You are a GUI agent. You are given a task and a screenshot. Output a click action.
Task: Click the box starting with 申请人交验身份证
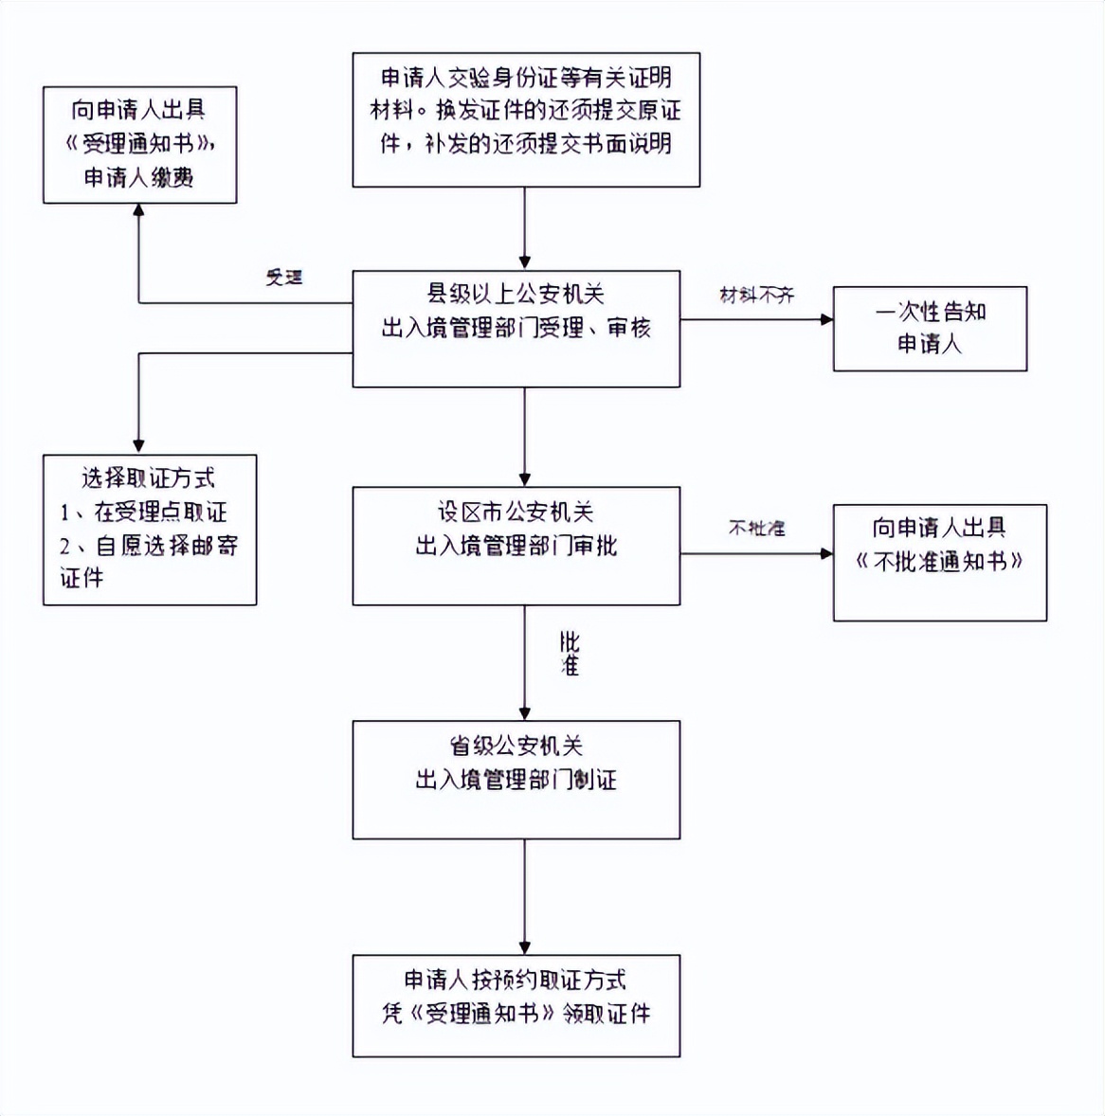pyautogui.click(x=526, y=119)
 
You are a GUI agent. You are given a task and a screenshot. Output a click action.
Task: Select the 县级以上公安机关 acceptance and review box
pyautogui.click(x=516, y=329)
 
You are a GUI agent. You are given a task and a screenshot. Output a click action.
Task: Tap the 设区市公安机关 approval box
pyautogui.click(x=516, y=546)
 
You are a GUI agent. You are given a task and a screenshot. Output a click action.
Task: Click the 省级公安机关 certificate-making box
pyautogui.click(x=516, y=779)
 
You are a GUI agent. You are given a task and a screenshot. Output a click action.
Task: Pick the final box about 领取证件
pyautogui.click(x=516, y=1005)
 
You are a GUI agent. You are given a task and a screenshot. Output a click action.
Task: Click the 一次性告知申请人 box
pyautogui.click(x=930, y=328)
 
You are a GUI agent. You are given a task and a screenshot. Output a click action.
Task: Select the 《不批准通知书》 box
pyautogui.click(x=939, y=562)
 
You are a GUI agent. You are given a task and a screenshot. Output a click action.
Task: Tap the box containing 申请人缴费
pyautogui.click(x=139, y=145)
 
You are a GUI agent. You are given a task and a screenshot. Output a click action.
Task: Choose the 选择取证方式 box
pyautogui.click(x=149, y=529)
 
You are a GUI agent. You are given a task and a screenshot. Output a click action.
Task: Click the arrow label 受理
pyautogui.click(x=283, y=278)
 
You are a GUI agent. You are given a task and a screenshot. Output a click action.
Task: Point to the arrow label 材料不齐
pyautogui.click(x=756, y=296)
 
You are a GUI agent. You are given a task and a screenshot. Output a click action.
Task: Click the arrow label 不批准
pyautogui.click(x=756, y=528)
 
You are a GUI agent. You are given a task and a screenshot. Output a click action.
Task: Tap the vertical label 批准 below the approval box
pyautogui.click(x=569, y=654)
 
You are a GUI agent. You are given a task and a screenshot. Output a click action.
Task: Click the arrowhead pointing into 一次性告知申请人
pyautogui.click(x=826, y=319)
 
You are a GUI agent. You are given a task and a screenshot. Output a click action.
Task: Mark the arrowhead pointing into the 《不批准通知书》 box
pyautogui.click(x=826, y=553)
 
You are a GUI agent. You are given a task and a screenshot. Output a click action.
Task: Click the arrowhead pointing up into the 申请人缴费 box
pyautogui.click(x=139, y=211)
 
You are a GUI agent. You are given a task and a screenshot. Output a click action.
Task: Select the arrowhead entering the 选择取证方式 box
pyautogui.click(x=139, y=446)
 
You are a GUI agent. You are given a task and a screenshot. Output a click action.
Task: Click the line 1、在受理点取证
pyautogui.click(x=143, y=513)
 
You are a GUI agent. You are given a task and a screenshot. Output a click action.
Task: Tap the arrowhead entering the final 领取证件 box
pyautogui.click(x=525, y=947)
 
